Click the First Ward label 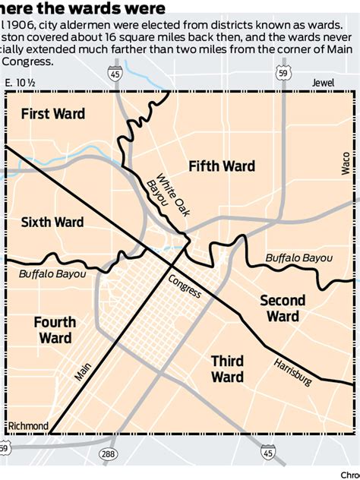point(52,114)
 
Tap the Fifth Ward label point(222,166)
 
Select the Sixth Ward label point(52,222)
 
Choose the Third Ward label point(227,369)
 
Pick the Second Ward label point(283,308)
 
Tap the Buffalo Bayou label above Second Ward point(298,258)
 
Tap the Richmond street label point(27,425)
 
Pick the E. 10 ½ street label point(21,83)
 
